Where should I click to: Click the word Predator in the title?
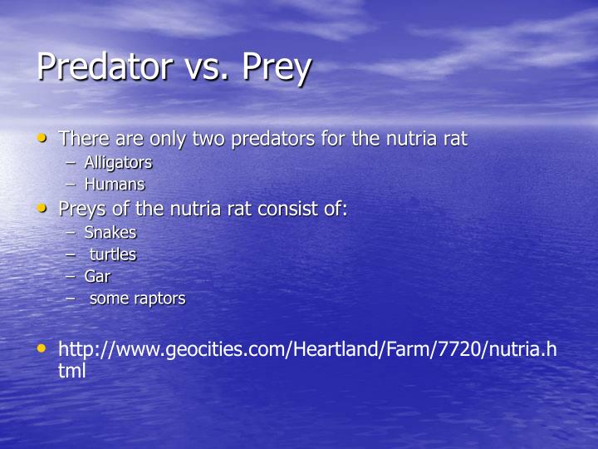[x=103, y=67]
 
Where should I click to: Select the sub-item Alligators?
[x=118, y=163]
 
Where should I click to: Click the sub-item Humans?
[x=115, y=185]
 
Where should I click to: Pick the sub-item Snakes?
[x=110, y=233]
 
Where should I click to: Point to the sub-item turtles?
[x=113, y=254]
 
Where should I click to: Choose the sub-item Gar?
[x=97, y=276]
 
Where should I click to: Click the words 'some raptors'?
[x=137, y=298]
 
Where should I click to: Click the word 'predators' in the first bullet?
[x=278, y=139]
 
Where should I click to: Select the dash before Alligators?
[x=71, y=163]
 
